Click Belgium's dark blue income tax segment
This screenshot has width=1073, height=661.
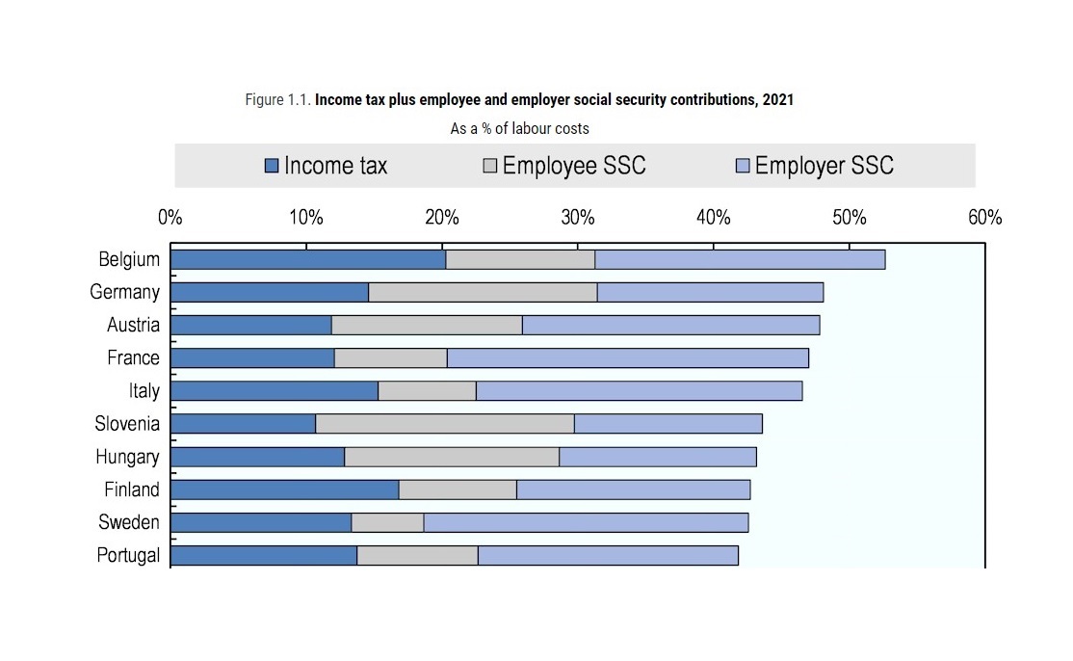pos(308,259)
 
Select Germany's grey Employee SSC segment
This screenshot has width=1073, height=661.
pos(483,292)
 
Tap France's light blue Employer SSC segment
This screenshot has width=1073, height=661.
pos(628,357)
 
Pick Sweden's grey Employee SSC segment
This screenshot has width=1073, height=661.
pos(387,522)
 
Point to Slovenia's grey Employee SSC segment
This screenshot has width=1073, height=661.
pos(445,423)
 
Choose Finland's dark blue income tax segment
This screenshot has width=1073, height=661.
pos(285,489)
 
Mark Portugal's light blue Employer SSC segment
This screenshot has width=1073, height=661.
pos(608,555)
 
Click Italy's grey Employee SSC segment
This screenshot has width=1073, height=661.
pos(427,390)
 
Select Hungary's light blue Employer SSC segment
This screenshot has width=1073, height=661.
pos(658,457)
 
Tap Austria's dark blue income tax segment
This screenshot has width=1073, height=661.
pos(251,325)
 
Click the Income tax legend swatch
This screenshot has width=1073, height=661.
pos(272,167)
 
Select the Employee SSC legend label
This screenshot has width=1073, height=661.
pos(574,166)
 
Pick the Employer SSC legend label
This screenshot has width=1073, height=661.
pos(824,166)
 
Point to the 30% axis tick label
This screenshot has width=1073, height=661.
pos(578,218)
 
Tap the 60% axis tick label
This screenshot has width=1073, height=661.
pos(984,218)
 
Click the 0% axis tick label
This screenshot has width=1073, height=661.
pos(170,218)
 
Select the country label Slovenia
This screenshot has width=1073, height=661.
pos(127,423)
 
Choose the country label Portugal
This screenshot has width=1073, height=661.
pos(128,555)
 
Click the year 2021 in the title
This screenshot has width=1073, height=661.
pos(777,100)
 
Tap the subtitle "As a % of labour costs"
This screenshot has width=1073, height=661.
pos(519,128)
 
